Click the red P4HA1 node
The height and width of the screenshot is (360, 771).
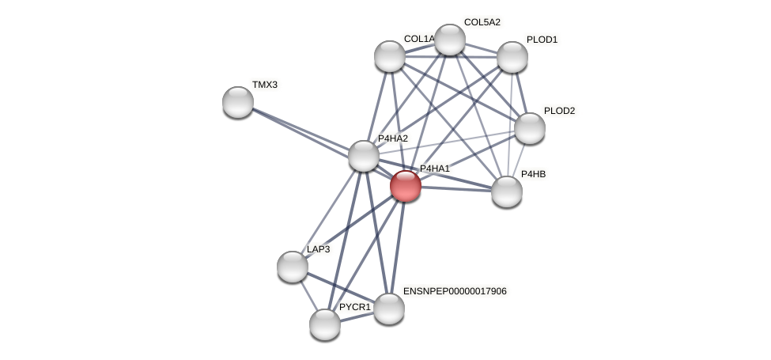click(x=406, y=186)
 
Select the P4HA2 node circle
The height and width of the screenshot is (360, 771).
click(x=364, y=156)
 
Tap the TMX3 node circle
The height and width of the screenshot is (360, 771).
click(x=238, y=102)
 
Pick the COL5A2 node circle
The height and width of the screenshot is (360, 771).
click(x=450, y=40)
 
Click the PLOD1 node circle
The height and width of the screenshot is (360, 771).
click(x=512, y=57)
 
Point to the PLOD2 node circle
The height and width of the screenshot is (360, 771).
click(x=530, y=128)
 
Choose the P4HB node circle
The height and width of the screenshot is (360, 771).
click(x=507, y=191)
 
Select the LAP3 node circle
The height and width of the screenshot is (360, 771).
click(x=293, y=267)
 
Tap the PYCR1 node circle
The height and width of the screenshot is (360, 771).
click(x=325, y=324)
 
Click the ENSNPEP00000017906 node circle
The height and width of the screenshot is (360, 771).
click(x=389, y=309)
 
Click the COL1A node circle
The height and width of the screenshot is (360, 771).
click(x=390, y=56)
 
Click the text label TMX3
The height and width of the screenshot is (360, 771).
click(x=265, y=85)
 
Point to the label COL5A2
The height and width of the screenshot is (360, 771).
click(x=482, y=22)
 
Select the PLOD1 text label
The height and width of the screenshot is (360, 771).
click(x=542, y=40)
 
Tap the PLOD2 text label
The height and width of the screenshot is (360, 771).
click(x=559, y=111)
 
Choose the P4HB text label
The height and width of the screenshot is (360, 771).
click(x=533, y=174)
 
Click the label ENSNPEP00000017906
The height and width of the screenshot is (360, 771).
click(x=455, y=291)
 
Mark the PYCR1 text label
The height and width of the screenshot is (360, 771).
click(x=354, y=307)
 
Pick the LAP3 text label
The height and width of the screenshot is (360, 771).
click(x=319, y=249)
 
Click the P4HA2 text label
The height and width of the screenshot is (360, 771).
click(x=393, y=138)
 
